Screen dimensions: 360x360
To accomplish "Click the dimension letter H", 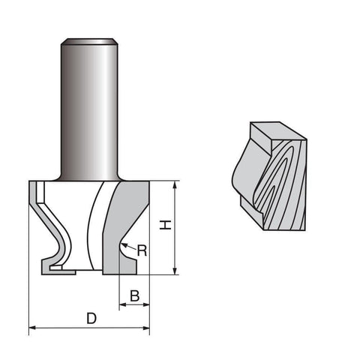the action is click(166, 225).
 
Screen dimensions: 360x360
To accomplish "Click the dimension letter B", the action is click(135, 295).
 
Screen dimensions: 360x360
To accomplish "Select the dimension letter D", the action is click(91, 318).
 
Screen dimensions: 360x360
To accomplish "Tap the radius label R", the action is click(142, 250).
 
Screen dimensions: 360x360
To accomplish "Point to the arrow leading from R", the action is click(129, 246).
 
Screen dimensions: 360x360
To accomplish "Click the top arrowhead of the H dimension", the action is click(175, 185).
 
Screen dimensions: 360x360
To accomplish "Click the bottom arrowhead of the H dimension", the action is click(175, 271).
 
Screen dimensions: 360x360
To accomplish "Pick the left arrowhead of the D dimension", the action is click(33, 328).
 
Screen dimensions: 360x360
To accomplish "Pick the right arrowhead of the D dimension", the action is click(145, 328).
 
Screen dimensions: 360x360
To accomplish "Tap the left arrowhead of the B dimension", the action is click(123, 304).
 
